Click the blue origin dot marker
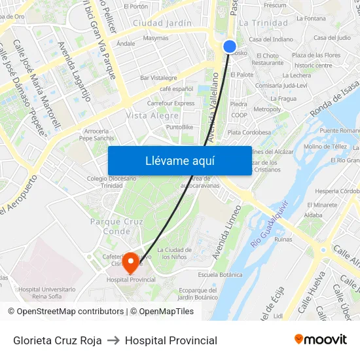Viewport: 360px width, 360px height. pyautogui.click(x=230, y=46)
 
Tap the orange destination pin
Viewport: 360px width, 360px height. pyautogui.click(x=131, y=262)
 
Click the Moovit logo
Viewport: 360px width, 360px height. pyautogui.click(x=321, y=340)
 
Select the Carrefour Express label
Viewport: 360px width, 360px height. pyautogui.click(x=171, y=103)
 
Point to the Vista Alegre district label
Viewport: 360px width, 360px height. pyautogui.click(x=152, y=115)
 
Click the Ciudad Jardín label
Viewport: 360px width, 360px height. pyautogui.click(x=162, y=23)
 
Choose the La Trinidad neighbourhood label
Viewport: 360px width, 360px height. pyautogui.click(x=263, y=23)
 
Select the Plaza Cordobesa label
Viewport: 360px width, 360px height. pyautogui.click(x=249, y=132)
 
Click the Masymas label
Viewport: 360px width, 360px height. pyautogui.click(x=156, y=38)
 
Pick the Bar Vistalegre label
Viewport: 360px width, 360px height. pyautogui.click(x=158, y=78)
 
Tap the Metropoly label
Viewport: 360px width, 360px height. pyautogui.click(x=266, y=109)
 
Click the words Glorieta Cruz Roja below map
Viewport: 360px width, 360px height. pyautogui.click(x=58, y=340)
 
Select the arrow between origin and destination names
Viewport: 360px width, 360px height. pyautogui.click(x=113, y=340)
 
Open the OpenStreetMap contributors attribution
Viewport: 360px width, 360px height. pyautogui.click(x=69, y=312)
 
